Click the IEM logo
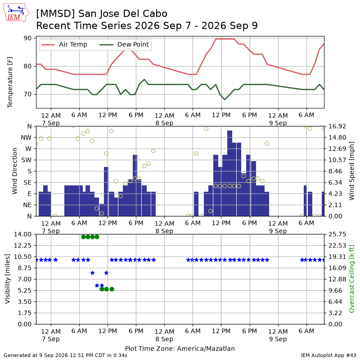[x=16, y=13]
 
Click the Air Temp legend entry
[x=64, y=45]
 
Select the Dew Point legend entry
[x=124, y=45]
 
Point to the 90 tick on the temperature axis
[x=27, y=38]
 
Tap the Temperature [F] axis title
[x=9, y=82]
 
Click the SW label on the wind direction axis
[x=27, y=160]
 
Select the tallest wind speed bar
[x=229, y=173]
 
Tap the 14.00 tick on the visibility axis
[x=22, y=234]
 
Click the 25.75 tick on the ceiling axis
[x=337, y=234]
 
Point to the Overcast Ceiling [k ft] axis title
[x=351, y=279]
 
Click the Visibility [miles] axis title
[x=8, y=279]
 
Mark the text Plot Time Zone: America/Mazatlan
[x=180, y=349]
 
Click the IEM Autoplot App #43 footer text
[x=328, y=355]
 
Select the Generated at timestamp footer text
[x=65, y=355]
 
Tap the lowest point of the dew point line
[x=225, y=99]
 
